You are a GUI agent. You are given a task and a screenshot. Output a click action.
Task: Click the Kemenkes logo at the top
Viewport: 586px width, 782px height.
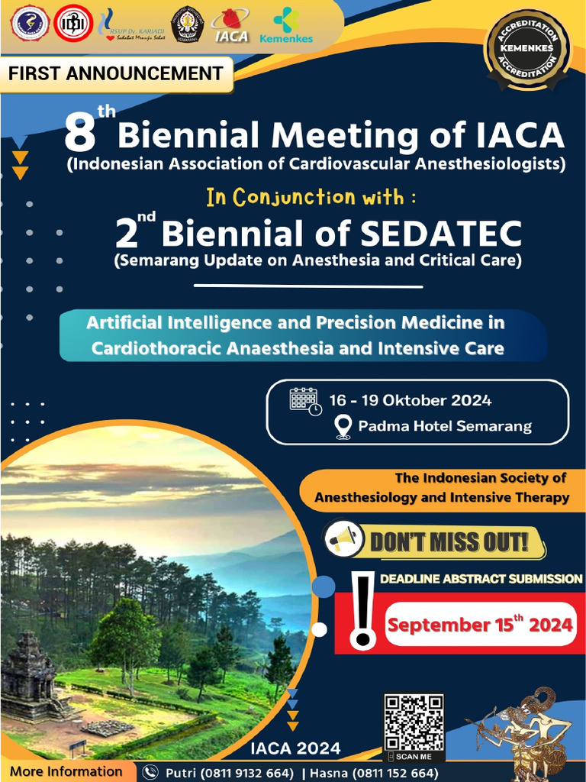[x=285, y=25]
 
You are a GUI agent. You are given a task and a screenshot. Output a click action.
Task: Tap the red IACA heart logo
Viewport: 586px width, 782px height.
[x=231, y=24]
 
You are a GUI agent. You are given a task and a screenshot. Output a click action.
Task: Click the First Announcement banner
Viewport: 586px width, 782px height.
[x=116, y=74]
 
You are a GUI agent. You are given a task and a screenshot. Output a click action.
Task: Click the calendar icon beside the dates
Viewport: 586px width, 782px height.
[x=304, y=401]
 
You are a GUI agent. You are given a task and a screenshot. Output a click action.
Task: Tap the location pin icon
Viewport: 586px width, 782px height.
[x=343, y=427]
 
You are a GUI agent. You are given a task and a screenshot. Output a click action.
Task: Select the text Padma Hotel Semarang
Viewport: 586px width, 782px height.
[x=445, y=426]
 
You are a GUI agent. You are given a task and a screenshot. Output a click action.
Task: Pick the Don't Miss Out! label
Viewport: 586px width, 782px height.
[x=449, y=542]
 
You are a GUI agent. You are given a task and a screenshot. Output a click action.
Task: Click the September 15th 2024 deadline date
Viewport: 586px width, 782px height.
[x=479, y=624]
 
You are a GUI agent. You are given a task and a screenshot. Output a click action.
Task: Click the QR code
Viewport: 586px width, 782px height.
[x=413, y=722]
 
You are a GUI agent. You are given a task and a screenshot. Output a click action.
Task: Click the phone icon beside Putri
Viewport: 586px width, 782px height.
[x=150, y=772]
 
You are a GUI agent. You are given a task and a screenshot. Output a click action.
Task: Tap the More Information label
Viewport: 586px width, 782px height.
[x=66, y=771]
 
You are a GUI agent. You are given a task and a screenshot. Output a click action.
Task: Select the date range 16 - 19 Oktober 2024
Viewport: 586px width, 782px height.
[x=410, y=400]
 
